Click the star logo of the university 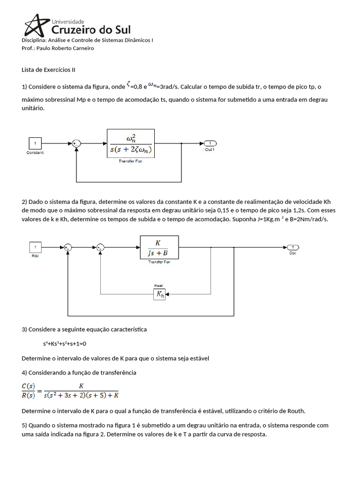pyautogui.click(x=35, y=26)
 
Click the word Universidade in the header pyautogui.click(x=67, y=21)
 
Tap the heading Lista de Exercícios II pyautogui.click(x=48, y=70)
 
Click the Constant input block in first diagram pyautogui.click(x=35, y=143)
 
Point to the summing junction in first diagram pyautogui.click(x=76, y=143)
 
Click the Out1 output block pyautogui.click(x=209, y=143)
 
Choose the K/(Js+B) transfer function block pyautogui.click(x=159, y=247)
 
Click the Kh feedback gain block pyautogui.click(x=159, y=294)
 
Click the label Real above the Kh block pyautogui.click(x=158, y=285)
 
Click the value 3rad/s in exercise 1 pyautogui.click(x=168, y=87)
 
